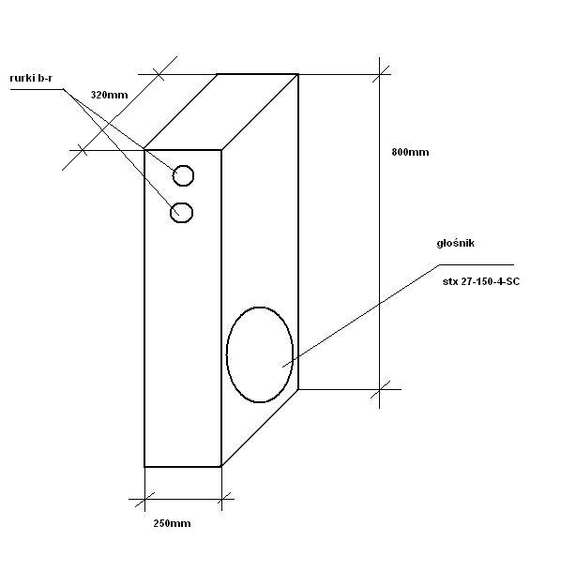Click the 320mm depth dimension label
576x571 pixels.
point(109,96)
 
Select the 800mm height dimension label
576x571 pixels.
point(410,152)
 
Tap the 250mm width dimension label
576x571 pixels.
point(172,523)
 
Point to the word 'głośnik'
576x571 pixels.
point(456,243)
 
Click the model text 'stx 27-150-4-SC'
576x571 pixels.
point(480,280)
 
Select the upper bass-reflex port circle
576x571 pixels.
point(184,175)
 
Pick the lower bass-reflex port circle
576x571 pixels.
point(182,213)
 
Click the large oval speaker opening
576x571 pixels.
point(259,354)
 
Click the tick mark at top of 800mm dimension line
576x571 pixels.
point(380,73)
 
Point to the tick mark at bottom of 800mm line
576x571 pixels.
point(380,388)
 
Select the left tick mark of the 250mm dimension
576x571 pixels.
point(144,500)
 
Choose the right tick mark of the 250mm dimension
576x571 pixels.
point(221,500)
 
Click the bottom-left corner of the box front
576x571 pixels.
point(144,466)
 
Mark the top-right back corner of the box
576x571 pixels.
point(299,74)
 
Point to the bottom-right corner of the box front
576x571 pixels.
point(221,466)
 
